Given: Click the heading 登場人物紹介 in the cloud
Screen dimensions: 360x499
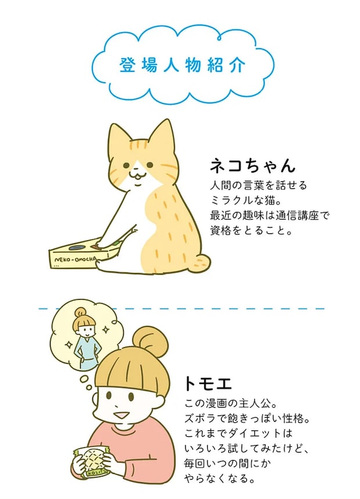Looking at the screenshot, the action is [x=182, y=65].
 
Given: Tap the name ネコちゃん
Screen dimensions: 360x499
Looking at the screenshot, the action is [x=253, y=165].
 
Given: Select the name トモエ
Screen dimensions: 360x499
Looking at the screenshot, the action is [x=208, y=383].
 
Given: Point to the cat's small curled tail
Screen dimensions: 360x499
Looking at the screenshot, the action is [x=202, y=263].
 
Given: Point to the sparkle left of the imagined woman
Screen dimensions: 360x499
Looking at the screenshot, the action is [x=68, y=344].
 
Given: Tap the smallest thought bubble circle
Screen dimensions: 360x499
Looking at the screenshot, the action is [x=89, y=387].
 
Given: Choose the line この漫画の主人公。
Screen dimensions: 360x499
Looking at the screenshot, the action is [x=231, y=404].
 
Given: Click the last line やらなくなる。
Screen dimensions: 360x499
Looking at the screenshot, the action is [x=220, y=478].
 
